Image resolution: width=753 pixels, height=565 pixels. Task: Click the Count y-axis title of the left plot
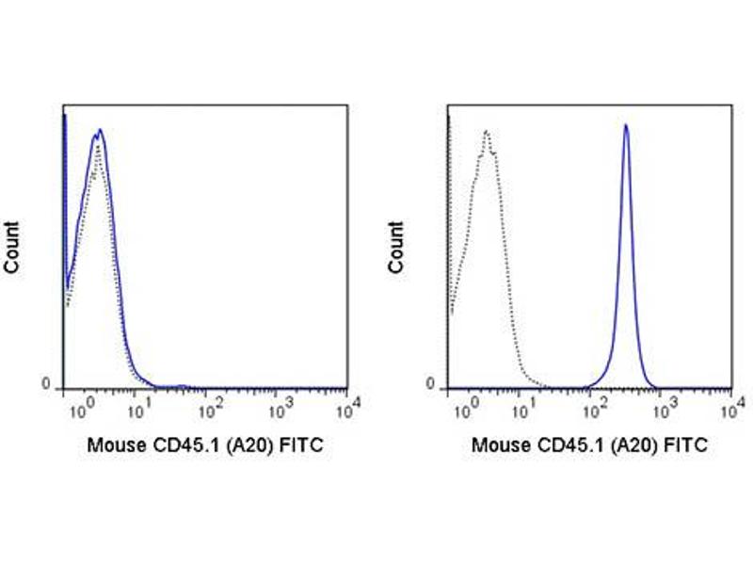pos(12,248)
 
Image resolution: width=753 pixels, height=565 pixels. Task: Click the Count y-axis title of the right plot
pos(396,248)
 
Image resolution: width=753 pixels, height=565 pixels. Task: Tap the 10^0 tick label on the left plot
pos(82,411)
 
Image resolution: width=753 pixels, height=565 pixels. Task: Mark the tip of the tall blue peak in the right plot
pos(626,124)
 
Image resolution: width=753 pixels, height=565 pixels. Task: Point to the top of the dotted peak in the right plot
pos(486,131)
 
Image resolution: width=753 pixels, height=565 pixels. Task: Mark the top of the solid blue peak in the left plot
pos(99,130)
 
